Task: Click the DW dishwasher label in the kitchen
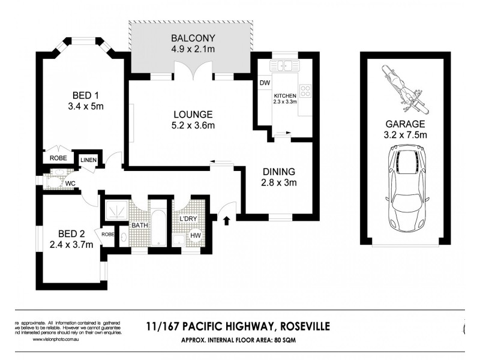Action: point(264,83)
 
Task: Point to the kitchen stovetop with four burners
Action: point(305,92)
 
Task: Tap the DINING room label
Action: point(279,170)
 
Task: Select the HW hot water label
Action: point(195,236)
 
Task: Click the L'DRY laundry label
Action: point(188,219)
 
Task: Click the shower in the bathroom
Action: point(115,212)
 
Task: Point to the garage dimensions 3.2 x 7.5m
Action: point(406,135)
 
